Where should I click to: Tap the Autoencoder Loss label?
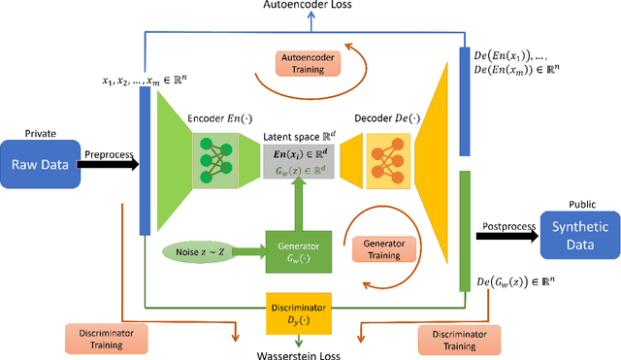pyautogui.click(x=308, y=7)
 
